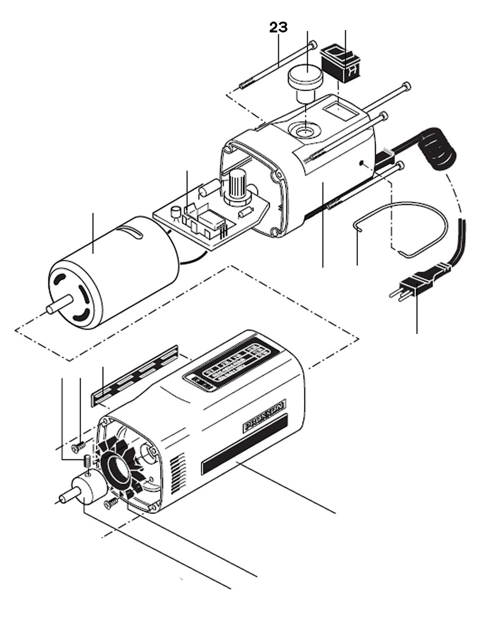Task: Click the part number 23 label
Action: point(278,28)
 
